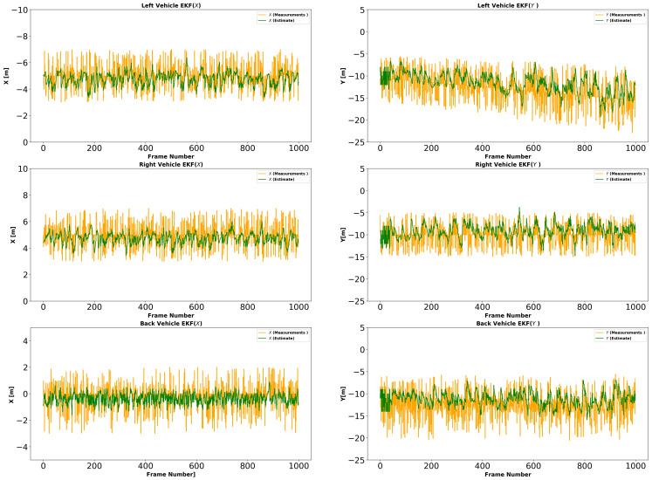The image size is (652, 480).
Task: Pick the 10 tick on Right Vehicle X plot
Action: [x=21, y=168]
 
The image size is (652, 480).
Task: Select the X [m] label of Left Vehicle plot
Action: [x=6, y=75]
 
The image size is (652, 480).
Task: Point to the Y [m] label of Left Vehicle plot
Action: [x=342, y=75]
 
